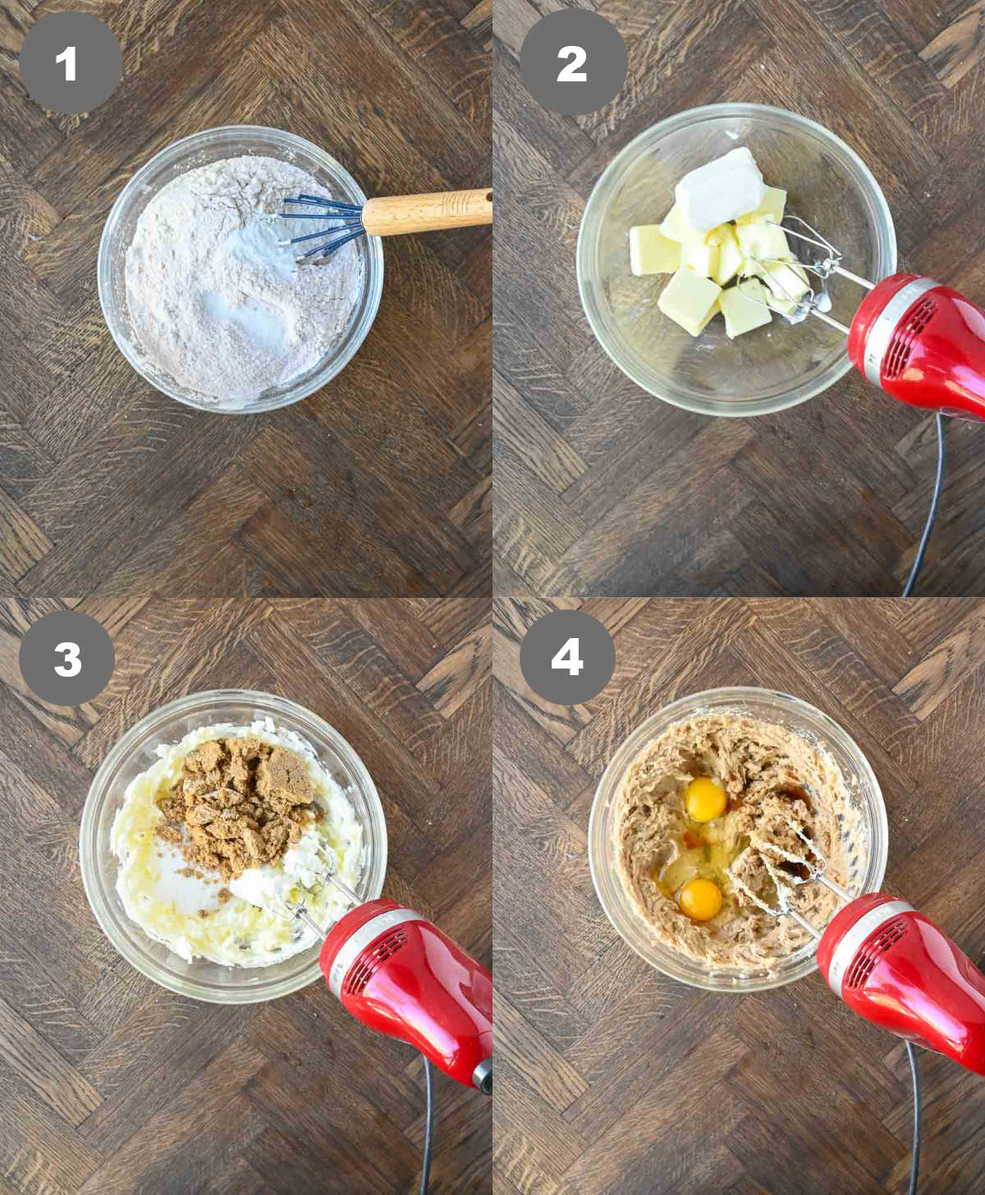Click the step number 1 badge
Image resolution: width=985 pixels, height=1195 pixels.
(69, 63)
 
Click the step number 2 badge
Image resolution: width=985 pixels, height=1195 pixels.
(572, 63)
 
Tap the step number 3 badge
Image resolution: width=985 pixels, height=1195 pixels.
(67, 660)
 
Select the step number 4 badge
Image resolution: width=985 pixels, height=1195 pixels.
(567, 658)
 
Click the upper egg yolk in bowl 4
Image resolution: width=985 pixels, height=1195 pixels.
(704, 799)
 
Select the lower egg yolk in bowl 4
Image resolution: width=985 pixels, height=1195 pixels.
(700, 900)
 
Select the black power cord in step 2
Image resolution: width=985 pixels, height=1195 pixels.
(928, 509)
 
